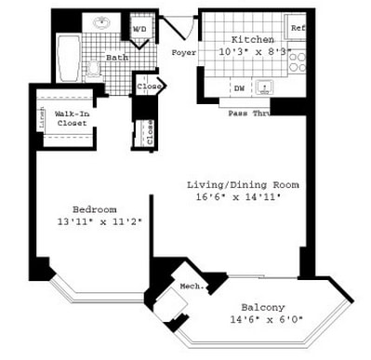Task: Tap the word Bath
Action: [x=116, y=58]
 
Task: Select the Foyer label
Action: [x=184, y=53]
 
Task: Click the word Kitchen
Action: [x=251, y=40]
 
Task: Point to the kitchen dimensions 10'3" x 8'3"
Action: [x=250, y=52]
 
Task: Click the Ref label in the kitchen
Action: [x=298, y=29]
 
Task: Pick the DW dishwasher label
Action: [x=239, y=88]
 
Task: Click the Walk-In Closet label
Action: [x=72, y=117]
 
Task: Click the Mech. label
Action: [x=192, y=287]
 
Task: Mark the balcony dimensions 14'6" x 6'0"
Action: [x=262, y=321]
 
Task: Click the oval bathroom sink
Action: [x=99, y=22]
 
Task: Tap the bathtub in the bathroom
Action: [x=69, y=58]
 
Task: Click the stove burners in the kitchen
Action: [x=298, y=61]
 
